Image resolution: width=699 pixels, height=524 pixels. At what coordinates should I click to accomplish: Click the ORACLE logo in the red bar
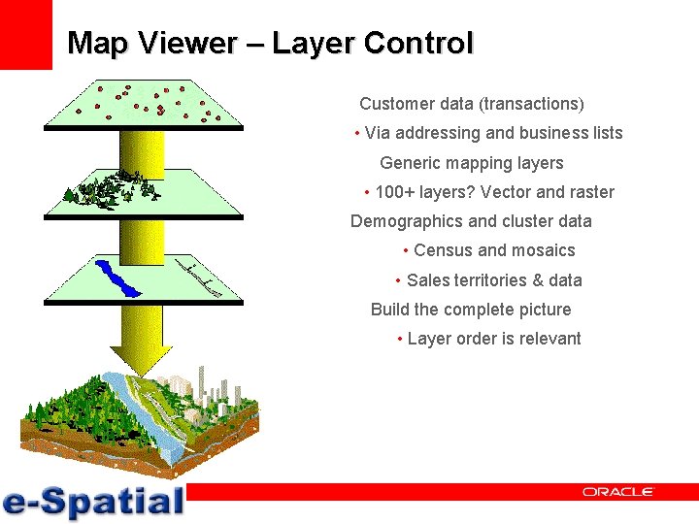tap(618, 492)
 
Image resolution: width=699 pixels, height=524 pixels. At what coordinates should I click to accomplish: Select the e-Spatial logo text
tap(93, 501)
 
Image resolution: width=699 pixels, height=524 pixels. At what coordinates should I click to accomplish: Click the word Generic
tap(411, 163)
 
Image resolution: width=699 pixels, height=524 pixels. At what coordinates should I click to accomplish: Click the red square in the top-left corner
tap(25, 34)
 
